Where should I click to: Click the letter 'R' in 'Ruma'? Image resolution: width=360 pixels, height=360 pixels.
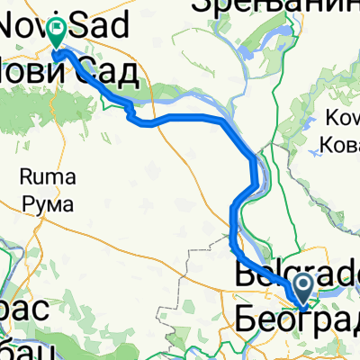coord(25,189)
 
